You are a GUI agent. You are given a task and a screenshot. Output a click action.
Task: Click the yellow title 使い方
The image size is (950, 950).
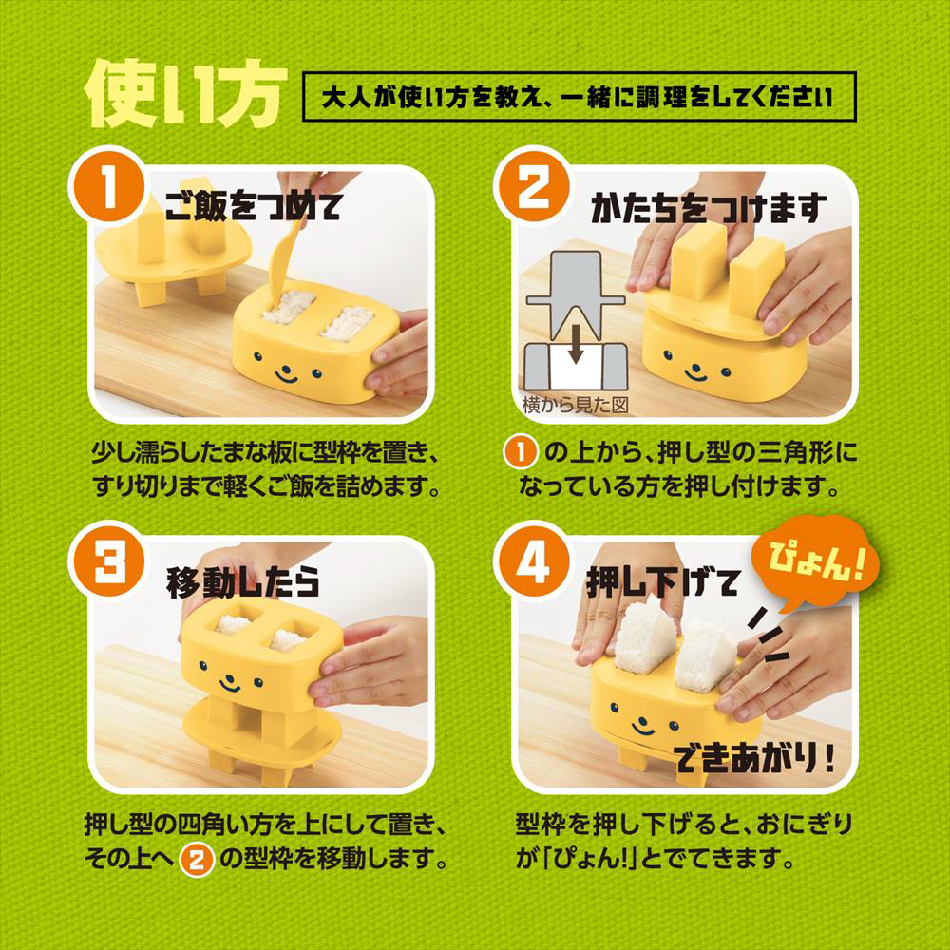(x=180, y=97)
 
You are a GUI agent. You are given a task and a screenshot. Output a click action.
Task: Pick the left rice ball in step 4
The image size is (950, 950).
(x=648, y=645)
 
